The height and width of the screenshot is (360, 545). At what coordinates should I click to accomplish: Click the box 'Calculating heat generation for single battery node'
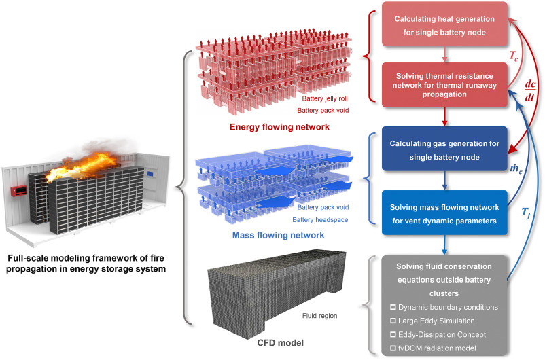[444, 24]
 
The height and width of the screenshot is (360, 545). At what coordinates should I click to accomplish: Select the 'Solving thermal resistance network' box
[444, 85]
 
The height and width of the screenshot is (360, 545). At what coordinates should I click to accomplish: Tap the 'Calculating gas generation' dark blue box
[444, 149]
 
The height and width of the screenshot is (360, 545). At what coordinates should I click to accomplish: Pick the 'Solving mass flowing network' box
[444, 213]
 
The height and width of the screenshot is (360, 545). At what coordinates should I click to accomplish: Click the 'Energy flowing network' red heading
[279, 127]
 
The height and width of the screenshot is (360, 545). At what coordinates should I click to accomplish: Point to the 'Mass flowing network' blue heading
[278, 235]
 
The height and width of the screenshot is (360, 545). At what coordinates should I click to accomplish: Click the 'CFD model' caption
[281, 343]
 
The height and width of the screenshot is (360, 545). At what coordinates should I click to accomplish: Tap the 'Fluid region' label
[320, 316]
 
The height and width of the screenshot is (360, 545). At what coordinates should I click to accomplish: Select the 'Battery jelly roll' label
[325, 98]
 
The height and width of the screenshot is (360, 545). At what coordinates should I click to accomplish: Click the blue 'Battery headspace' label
[320, 220]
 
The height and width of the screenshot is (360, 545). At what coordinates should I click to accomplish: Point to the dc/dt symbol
[529, 90]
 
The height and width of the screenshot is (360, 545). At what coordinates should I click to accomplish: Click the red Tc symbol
[513, 56]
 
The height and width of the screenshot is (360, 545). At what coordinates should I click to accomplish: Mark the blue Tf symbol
[526, 213]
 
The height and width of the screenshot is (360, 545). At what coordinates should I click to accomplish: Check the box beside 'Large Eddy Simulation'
[393, 321]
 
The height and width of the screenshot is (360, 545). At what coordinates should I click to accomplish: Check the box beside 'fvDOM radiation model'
[393, 348]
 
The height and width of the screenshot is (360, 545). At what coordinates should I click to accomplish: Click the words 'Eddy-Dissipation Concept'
[442, 335]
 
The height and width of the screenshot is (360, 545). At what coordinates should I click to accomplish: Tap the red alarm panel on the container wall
[19, 191]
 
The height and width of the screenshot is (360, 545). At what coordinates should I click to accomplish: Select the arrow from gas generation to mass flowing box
[444, 181]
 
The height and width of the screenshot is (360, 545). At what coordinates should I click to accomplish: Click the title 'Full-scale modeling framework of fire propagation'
[86, 264]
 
